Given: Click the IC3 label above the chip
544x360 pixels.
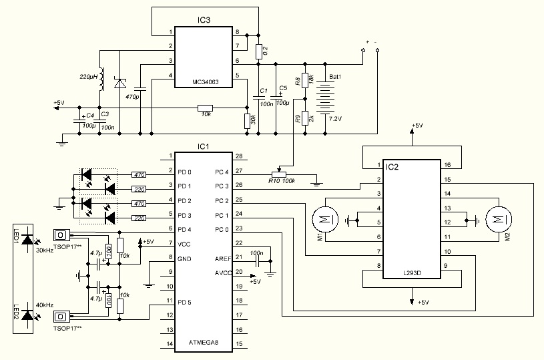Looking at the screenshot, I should tap(204, 21).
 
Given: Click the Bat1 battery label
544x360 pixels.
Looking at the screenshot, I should tap(336, 77).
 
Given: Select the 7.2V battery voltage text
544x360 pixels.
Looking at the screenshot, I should tap(336, 118).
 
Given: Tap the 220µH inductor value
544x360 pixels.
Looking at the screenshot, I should tap(88, 77).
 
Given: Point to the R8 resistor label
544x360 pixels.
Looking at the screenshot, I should tap(297, 81).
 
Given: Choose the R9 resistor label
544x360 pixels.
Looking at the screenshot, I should tap(297, 118).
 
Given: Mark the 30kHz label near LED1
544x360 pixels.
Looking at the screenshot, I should tap(45, 250).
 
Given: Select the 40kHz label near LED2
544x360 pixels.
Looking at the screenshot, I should tap(45, 304).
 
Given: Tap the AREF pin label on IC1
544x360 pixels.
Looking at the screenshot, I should tap(222, 258).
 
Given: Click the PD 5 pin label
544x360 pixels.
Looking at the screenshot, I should tap(184, 301).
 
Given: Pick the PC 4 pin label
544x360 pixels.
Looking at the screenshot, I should tap(222, 172).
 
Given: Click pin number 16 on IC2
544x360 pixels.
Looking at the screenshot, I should tap(447, 165).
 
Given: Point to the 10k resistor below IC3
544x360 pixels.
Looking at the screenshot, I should tap(206, 115).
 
